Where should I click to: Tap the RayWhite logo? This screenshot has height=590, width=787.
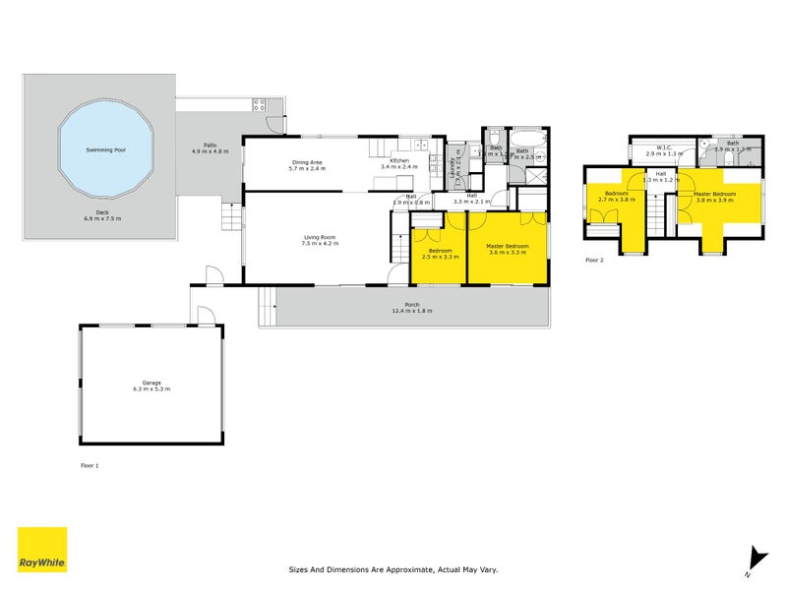42,550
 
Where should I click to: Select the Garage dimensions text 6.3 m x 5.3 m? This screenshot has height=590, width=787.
151,389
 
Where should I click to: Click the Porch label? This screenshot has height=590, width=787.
411,304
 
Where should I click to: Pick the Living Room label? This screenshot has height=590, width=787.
321,236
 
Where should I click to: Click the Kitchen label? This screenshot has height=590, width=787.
398,160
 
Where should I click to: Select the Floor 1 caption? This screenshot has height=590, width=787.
90,463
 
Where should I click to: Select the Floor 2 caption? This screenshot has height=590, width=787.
594,260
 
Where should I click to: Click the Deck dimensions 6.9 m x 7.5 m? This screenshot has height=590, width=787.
101,217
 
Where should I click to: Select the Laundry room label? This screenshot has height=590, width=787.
454,167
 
